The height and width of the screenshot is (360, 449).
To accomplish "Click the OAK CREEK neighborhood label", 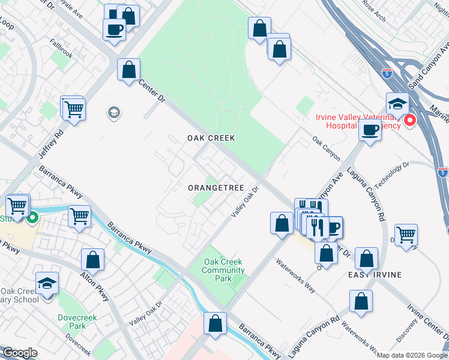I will pyautogui.click(x=211, y=138).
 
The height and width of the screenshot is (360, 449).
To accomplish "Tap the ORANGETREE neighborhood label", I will pyautogui.click(x=216, y=188).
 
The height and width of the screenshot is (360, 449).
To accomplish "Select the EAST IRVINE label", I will pyautogui.click(x=375, y=275).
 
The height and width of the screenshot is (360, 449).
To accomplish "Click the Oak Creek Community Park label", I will pyautogui.click(x=223, y=270).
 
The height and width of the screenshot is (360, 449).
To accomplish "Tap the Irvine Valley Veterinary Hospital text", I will pyautogui.click(x=358, y=121).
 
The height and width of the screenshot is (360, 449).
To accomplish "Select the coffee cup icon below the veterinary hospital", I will pyautogui.click(x=370, y=129).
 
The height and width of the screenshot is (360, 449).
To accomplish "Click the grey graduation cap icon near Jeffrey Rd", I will pyautogui.click(x=113, y=112).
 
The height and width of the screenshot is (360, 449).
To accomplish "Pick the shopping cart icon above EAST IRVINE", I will pyautogui.click(x=406, y=234).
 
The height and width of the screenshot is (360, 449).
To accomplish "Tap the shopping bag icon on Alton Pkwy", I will pyautogui.click(x=93, y=260).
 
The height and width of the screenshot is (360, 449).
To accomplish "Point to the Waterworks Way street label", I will pyautogui.click(x=295, y=275).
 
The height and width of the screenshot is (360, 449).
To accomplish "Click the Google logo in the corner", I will pyautogui.click(x=20, y=353).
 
